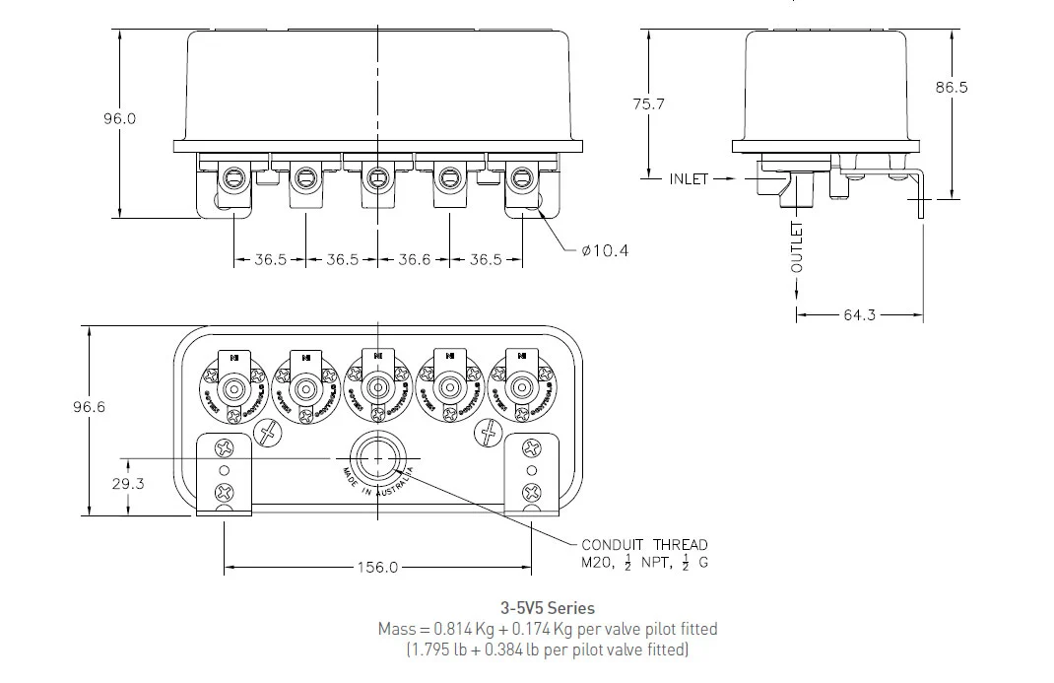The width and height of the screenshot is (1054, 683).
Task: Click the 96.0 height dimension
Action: coord(119,118)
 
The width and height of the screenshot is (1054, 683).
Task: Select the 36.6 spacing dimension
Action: coord(413,260)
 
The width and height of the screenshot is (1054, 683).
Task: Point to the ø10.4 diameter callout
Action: coord(605,250)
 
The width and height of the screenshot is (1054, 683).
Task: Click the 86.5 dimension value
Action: coord(952,87)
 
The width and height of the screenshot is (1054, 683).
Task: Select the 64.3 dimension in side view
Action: coord(859,315)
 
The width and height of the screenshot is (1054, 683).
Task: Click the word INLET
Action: coord(689,179)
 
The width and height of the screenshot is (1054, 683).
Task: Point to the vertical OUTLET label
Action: coord(797,247)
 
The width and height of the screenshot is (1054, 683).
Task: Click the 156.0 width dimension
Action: coord(377,568)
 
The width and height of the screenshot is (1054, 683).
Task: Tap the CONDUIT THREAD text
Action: coord(644,544)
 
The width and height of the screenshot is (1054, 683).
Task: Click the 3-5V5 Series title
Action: coord(548,608)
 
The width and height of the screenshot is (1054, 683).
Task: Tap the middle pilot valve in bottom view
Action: coord(376,386)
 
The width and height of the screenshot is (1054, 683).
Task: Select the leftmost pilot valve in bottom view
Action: coord(234,387)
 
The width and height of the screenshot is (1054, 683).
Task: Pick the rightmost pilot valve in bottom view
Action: coord(519,386)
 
